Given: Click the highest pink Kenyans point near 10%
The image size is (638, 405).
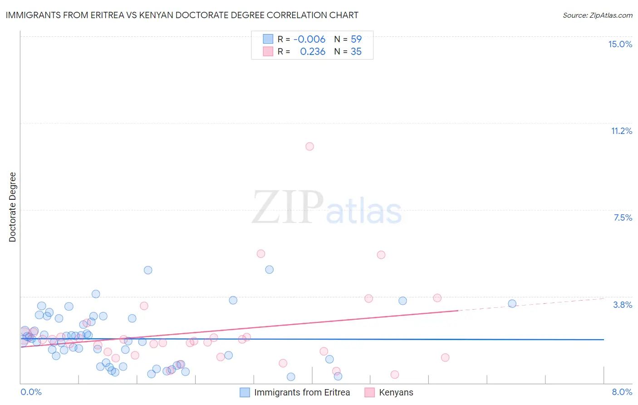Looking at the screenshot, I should tap(309, 146).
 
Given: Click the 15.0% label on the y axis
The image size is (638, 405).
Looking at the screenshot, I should tap(620, 44).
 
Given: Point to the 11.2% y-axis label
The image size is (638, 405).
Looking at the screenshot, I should tap(621, 131).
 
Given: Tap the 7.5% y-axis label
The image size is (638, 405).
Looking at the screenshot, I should tap(623, 217).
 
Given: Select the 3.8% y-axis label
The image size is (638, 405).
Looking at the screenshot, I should tap(623, 305).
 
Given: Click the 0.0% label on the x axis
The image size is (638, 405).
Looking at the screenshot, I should tap(31, 392).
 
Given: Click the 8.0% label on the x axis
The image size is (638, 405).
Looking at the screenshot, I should tap(622, 392).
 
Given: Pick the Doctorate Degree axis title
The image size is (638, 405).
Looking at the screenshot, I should tap(13, 207).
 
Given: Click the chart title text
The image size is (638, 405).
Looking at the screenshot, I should tap(182, 15).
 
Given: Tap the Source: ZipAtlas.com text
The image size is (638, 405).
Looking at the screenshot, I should tap(597, 15).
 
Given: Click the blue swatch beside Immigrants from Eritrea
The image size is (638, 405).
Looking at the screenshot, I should tap(245, 392).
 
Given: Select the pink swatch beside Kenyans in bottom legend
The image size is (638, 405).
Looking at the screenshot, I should tap(370, 392).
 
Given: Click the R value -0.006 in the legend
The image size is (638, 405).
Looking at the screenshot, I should tap(309, 39).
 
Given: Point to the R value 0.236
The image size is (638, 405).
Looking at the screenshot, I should tap(313, 51).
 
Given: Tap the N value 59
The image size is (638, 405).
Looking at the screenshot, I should tap(356, 39).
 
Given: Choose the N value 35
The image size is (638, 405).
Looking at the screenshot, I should tap(356, 51).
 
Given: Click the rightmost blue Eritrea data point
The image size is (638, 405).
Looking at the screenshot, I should tap(512, 304).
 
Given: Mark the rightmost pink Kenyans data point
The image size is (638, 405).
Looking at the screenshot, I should tap(445, 357).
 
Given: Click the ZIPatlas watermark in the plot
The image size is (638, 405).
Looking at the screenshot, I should tap(327, 208).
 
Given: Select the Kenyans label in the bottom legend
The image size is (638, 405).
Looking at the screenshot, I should tap(396, 392).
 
